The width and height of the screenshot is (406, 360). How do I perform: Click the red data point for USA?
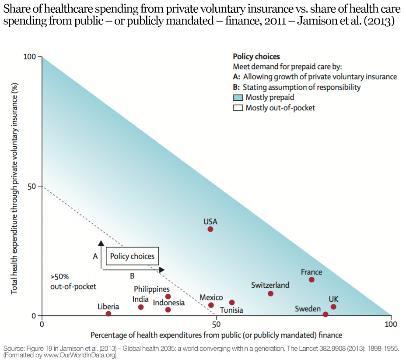(210, 229)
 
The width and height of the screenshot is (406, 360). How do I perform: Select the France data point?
(311, 279)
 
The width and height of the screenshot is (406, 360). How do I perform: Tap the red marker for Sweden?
(325, 314)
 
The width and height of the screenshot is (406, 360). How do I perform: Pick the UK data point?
(333, 307)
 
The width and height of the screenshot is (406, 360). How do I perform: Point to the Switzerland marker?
(270, 293)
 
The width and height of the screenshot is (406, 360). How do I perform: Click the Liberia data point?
(108, 314)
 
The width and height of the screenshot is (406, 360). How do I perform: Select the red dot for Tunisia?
(232, 303)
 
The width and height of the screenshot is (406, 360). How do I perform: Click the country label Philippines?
(152, 289)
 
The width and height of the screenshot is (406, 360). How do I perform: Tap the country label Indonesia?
(168, 302)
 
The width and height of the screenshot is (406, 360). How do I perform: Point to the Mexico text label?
(211, 297)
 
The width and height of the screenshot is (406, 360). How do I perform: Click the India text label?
(140, 299)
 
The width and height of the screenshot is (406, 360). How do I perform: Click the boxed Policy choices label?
(132, 256)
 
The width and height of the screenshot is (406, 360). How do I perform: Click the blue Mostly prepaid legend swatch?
(238, 97)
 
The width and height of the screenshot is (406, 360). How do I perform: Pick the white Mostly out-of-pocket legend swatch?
(238, 107)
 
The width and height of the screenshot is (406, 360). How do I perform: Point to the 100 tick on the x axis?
(391, 324)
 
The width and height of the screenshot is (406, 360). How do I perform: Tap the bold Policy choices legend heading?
(256, 56)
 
